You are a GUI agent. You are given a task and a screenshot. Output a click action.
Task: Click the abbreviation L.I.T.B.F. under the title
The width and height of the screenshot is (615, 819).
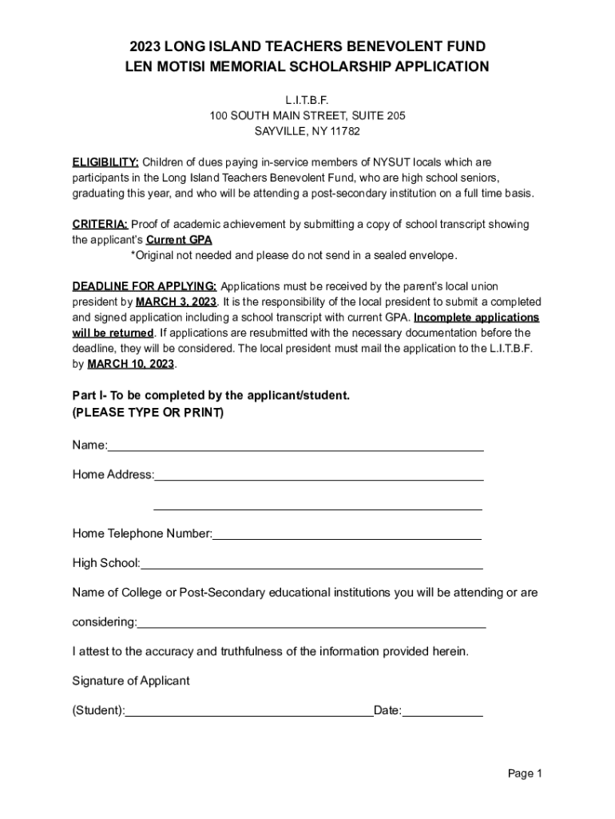click(x=307, y=101)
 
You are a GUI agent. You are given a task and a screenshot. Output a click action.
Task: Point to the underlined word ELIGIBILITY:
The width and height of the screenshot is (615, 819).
click(x=105, y=162)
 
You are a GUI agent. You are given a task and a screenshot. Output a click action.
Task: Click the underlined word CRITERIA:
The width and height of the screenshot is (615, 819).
click(x=100, y=225)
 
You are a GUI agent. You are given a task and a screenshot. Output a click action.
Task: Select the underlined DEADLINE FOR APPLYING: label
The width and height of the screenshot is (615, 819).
click(x=145, y=286)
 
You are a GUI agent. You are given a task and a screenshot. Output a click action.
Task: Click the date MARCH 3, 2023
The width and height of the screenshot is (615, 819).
click(x=176, y=302)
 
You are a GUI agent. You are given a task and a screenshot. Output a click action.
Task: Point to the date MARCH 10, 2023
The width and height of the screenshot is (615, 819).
click(x=130, y=363)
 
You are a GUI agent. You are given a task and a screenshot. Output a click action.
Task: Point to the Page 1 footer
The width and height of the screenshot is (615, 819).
click(x=525, y=773)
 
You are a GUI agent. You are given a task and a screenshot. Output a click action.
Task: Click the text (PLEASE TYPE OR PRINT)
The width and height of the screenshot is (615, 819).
click(x=148, y=413)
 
